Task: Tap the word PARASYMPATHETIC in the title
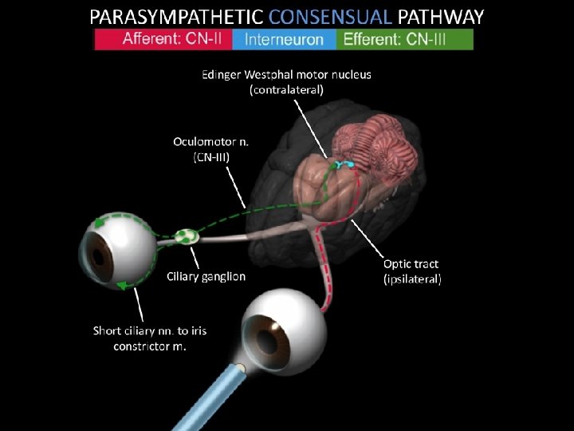click(177, 17)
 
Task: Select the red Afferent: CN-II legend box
click(167, 39)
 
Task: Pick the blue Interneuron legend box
click(284, 39)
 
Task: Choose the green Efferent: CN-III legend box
click(404, 39)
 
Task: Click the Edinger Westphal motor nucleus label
click(286, 82)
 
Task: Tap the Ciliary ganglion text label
click(206, 277)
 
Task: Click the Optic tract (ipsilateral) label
click(412, 271)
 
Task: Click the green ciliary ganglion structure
click(188, 236)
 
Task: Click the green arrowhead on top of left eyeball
click(100, 223)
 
